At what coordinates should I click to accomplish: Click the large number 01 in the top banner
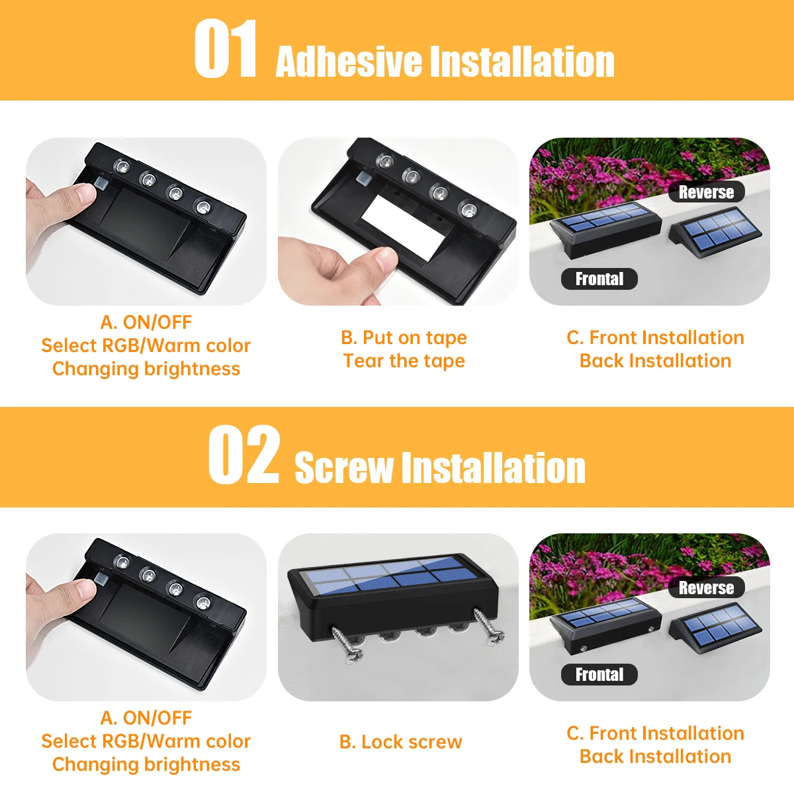point(226,48)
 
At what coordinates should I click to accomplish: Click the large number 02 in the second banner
point(243,454)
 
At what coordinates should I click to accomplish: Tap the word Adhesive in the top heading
point(349,61)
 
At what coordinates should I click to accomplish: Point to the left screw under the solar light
point(347,644)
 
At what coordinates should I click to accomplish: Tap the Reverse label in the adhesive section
point(706,192)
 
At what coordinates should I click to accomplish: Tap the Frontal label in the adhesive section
point(599,279)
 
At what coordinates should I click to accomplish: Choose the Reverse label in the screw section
point(706,588)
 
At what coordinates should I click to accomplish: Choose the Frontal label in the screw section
point(599,674)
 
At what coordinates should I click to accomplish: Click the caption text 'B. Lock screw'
point(400,742)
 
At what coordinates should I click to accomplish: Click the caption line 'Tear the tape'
point(404,361)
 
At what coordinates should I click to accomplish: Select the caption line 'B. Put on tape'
point(404,338)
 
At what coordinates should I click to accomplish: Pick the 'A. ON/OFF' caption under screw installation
point(146,718)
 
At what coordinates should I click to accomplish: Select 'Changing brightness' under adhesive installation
point(146,369)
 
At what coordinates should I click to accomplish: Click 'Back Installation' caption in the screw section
point(655,756)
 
